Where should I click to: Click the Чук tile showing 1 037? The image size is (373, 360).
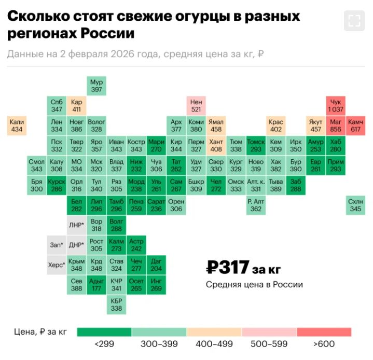click(336, 105)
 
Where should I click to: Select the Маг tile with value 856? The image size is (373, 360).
click(336, 125)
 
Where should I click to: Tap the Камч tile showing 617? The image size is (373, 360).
click(355, 125)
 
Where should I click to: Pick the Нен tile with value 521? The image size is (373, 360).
click(196, 105)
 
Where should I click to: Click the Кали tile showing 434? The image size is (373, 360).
click(17, 125)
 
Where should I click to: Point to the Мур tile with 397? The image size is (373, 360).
click(96, 86)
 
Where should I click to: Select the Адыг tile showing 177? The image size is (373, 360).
click(96, 285)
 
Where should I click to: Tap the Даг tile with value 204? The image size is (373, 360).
click(156, 265)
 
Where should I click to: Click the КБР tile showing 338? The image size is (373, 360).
click(116, 304)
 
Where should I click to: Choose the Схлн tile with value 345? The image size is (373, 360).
click(355, 205)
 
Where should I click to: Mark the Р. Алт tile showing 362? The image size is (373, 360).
click(256, 205)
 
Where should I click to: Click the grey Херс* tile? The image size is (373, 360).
click(57, 265)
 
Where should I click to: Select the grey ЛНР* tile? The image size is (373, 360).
click(76, 225)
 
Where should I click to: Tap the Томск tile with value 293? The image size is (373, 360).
click(256, 145)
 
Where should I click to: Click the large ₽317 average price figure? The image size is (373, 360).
click(228, 268)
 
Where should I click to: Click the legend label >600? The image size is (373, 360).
click(324, 343)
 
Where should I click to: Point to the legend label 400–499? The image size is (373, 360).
click(214, 343)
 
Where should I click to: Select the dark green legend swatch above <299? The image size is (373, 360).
click(104, 332)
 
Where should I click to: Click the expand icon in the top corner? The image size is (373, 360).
click(354, 20)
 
